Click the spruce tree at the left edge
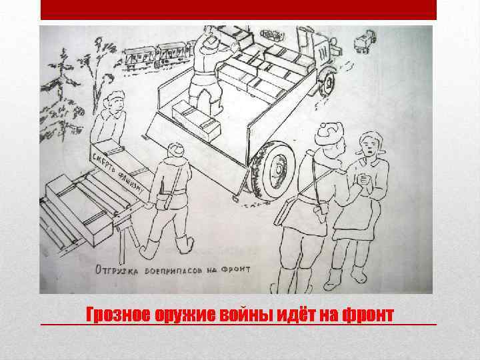click(x=62, y=73)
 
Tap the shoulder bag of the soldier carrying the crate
click(x=164, y=199)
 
